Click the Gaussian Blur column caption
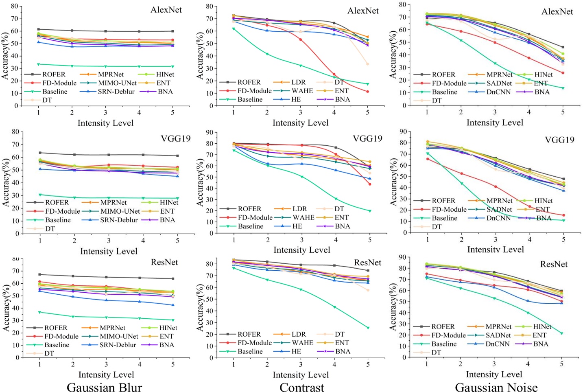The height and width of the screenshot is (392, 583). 104,387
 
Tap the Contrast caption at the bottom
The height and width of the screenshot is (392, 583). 301,387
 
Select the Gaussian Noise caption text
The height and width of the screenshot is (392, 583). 496,387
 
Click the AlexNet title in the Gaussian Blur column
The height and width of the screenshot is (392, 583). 166,10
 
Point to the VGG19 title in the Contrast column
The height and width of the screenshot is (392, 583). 367,138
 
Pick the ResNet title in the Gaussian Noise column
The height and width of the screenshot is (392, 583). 553,264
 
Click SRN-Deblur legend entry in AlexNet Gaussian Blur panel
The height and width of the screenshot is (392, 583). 116,92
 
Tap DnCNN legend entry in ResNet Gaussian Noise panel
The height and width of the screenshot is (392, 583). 497,344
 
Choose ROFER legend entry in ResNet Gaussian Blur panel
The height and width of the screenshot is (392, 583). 56,328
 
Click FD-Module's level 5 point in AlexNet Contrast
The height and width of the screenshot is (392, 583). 367,92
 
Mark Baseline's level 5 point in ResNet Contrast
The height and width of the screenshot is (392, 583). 368,328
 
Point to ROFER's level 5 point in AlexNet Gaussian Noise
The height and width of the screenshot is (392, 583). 563,47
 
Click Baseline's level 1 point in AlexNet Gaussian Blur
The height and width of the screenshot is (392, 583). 39,64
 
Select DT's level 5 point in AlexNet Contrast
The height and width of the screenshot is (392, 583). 367,64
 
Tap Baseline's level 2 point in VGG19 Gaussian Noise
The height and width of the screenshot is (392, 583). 461,183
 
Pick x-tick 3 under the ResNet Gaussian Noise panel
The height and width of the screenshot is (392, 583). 494,364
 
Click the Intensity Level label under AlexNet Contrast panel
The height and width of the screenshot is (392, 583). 300,123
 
